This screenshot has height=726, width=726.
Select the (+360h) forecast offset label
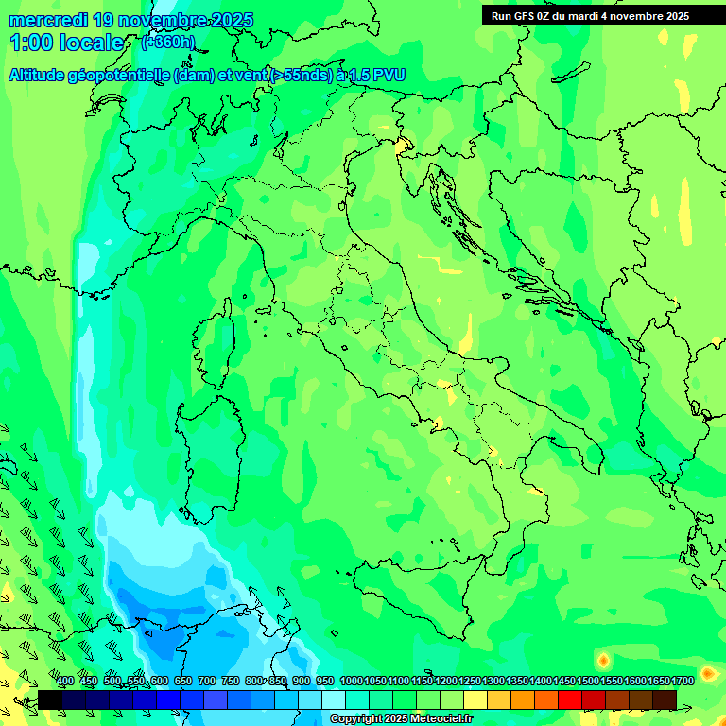167,43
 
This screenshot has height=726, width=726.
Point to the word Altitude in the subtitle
38,76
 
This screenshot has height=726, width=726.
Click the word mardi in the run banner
599,16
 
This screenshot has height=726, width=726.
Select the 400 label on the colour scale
65,681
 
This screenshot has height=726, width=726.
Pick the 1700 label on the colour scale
683,681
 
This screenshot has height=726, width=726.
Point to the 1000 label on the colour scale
351,681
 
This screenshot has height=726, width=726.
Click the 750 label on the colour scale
231,681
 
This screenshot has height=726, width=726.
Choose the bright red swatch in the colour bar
570,700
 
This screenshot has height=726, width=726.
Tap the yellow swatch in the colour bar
475,700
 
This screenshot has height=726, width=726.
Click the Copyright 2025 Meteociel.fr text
401,719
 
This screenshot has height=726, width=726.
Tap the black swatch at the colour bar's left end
50,700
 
